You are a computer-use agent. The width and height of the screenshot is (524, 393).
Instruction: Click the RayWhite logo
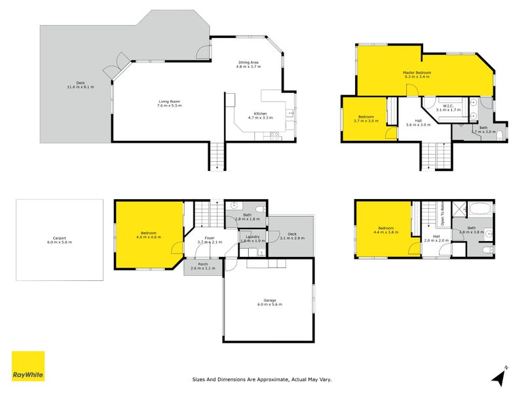tap(28, 366)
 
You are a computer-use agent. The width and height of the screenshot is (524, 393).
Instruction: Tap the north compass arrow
tap(499, 377)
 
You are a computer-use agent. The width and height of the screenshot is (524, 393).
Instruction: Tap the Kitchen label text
tap(260, 115)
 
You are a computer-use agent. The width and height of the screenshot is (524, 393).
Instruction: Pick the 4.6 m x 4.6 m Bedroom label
tap(148, 234)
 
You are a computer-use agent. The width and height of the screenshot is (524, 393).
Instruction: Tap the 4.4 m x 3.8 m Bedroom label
tap(384, 231)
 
